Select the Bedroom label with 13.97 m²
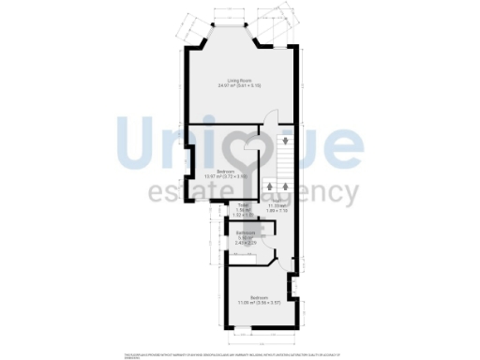click(x=225, y=171)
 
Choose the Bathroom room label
click(x=247, y=232)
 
